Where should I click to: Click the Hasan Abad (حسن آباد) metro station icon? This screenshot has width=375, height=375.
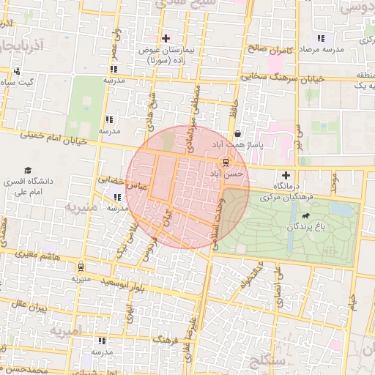pyautogui.click(x=225, y=163)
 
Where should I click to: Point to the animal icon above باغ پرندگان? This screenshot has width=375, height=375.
pyautogui.click(x=304, y=216)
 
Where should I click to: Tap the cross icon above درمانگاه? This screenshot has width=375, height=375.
pyautogui.click(x=286, y=176)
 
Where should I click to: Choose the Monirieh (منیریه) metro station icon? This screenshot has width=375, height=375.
pyautogui.click(x=80, y=267)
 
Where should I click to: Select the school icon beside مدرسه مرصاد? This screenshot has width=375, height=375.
pyautogui.click(x=320, y=38)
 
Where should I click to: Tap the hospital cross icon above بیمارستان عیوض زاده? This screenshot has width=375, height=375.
pyautogui.click(x=166, y=38)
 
